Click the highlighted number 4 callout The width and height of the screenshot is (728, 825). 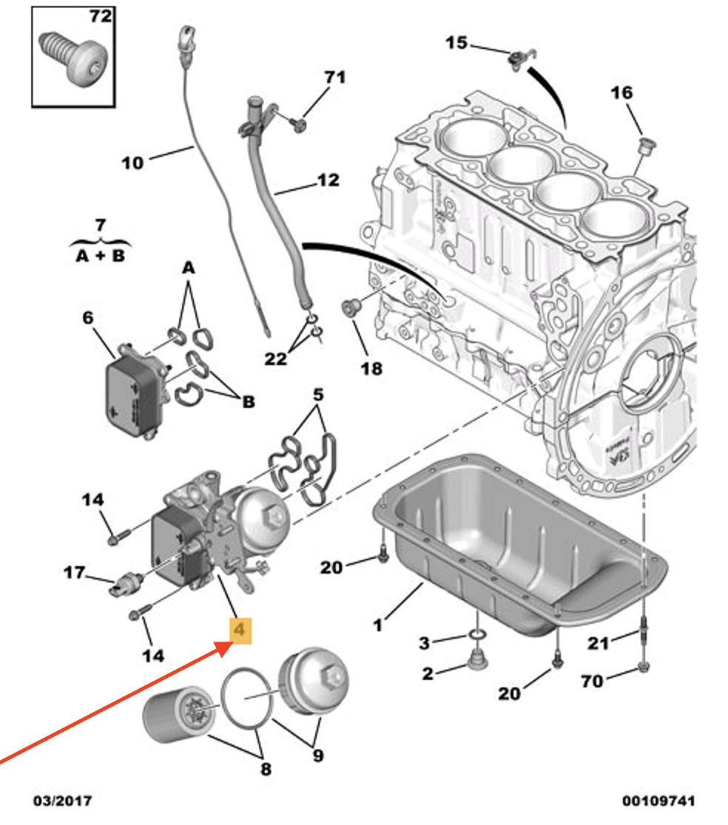pyautogui.click(x=240, y=630)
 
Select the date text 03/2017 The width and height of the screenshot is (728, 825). pyautogui.click(x=63, y=801)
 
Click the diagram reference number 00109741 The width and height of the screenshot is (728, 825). pyautogui.click(x=658, y=801)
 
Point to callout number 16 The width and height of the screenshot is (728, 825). pyautogui.click(x=621, y=93)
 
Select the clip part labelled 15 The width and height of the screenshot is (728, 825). pyautogui.click(x=522, y=57)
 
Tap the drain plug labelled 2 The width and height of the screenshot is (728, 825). pyautogui.click(x=477, y=660)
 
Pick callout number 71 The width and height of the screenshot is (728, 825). pyautogui.click(x=335, y=78)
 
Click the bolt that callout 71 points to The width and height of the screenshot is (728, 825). pyautogui.click(x=298, y=124)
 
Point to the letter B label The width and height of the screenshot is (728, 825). pyautogui.click(x=249, y=402)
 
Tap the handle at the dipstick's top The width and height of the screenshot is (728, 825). pyautogui.click(x=183, y=39)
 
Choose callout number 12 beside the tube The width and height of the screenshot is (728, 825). pyautogui.click(x=328, y=180)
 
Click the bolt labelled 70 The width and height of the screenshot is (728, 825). pyautogui.click(x=643, y=667)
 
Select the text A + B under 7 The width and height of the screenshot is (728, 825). pyautogui.click(x=101, y=257)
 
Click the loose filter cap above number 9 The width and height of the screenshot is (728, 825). pyautogui.click(x=313, y=681)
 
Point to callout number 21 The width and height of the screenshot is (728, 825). pyautogui.click(x=598, y=643)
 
